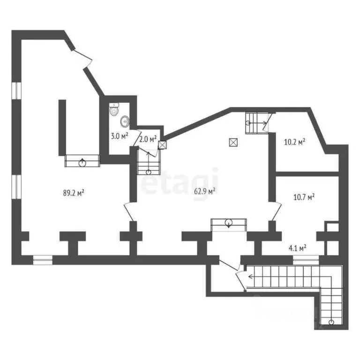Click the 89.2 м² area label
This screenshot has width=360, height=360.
74,193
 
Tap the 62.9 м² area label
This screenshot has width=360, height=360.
204,191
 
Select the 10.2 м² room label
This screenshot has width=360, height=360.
294,142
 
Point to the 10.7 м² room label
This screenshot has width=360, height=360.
304,197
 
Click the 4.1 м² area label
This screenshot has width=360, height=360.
298,248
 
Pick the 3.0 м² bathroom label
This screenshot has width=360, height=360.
120,136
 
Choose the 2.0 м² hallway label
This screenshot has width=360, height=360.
148,139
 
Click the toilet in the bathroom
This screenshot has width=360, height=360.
114,109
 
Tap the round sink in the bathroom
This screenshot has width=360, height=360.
125,121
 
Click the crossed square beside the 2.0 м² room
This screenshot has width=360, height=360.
162,145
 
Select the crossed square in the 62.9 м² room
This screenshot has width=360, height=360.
233,142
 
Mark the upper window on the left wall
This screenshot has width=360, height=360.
16,90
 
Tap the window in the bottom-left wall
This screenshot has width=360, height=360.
43,260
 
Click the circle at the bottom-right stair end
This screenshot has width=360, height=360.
331,322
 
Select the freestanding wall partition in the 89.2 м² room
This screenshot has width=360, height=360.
62,127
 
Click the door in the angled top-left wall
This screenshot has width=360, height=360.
82,59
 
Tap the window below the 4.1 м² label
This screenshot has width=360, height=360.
306,260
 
